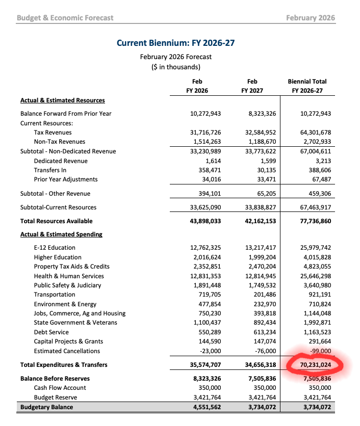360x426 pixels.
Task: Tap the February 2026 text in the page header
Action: click(310, 18)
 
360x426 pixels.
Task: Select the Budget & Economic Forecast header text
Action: click(65, 18)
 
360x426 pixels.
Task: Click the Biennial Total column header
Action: click(307, 82)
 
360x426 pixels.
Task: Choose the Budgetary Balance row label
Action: click(46, 407)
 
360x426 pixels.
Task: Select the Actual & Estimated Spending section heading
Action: click(61, 234)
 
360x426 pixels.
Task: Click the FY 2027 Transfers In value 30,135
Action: click(264, 170)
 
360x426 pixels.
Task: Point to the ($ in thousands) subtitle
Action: click(175, 67)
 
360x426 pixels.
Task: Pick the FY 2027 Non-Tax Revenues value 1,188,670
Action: click(260, 142)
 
